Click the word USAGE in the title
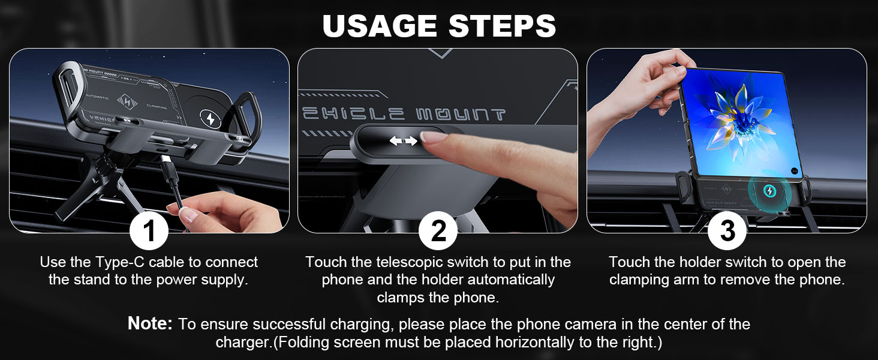point(380,26)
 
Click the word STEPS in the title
point(502,26)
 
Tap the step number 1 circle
point(149,230)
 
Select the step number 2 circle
point(438,230)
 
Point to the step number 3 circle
point(727,230)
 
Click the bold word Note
point(150,323)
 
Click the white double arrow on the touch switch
point(404,140)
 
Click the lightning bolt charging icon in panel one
point(211,118)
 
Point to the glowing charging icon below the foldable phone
point(770,191)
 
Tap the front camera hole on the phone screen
point(795,171)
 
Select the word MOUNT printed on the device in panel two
point(461,114)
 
